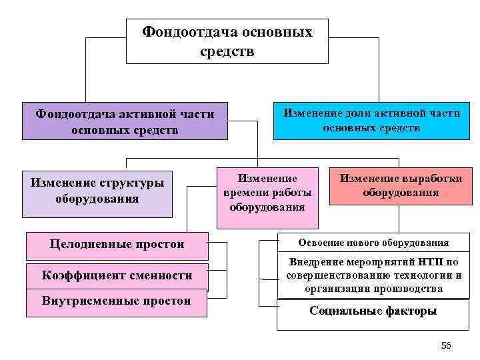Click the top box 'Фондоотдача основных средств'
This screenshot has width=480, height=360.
227,41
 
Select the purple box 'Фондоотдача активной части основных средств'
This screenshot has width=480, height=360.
125,121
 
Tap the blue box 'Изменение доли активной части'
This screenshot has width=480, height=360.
371,120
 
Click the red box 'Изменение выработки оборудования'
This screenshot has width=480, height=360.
401,185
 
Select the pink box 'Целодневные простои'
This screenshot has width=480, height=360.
117,245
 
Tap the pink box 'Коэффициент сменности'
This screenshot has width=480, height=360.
117,276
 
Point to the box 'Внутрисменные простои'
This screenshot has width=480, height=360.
117,301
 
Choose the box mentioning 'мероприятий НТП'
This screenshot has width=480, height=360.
373,275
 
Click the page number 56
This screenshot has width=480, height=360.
446,345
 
